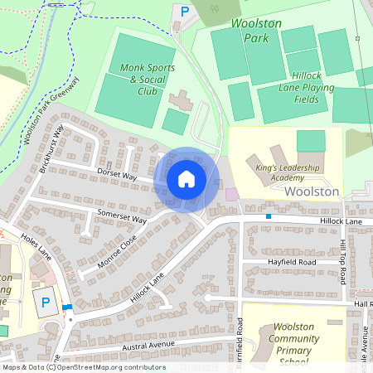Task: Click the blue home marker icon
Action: [186, 179]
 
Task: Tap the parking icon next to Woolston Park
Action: [185, 12]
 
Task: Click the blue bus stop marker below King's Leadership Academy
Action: [269, 216]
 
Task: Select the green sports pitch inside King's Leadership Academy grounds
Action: [311, 140]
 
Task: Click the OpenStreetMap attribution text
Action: [83, 367]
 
